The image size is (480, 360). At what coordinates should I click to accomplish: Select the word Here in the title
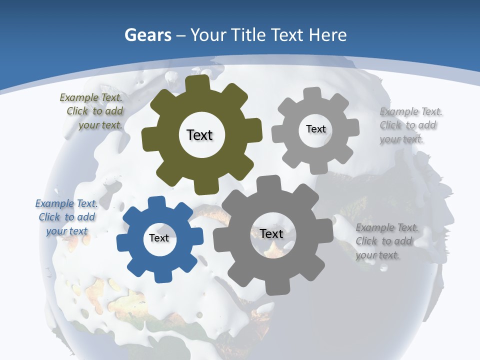pos(327,35)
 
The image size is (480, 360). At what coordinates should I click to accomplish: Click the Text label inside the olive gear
pos(199,135)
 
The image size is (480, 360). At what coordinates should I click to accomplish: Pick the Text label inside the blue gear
pos(159,238)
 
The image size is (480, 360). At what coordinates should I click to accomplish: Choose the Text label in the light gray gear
pos(316,129)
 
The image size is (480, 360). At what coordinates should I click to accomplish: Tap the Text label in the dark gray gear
pos(271,233)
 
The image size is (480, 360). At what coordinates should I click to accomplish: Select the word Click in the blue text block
pos(49,217)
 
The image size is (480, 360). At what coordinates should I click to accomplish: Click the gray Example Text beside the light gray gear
pos(411,111)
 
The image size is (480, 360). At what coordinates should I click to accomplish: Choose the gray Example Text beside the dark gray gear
pos(387,228)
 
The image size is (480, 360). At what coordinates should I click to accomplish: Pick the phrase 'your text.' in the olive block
pos(100,125)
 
